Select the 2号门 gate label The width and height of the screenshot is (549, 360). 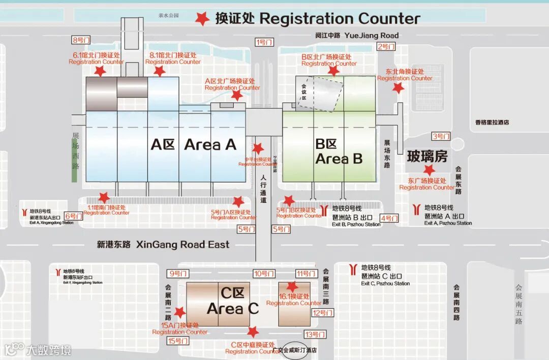[386, 46]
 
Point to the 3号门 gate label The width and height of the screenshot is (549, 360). [441, 136]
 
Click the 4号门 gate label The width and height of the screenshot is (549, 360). [389, 219]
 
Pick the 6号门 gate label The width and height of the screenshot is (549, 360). [74, 216]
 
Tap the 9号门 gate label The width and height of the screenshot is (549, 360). [178, 274]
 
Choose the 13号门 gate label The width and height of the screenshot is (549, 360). [315, 334]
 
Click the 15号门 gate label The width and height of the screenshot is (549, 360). [178, 341]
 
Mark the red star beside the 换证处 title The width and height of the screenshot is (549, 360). [203, 19]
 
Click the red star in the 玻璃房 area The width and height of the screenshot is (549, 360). [430, 170]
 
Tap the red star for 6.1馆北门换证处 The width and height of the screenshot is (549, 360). [100, 71]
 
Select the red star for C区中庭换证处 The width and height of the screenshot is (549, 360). [253, 332]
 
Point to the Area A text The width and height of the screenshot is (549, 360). [210, 145]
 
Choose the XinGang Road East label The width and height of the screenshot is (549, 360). [182, 245]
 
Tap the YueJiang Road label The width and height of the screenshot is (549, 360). [372, 36]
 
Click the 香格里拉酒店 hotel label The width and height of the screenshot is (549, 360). [492, 123]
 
